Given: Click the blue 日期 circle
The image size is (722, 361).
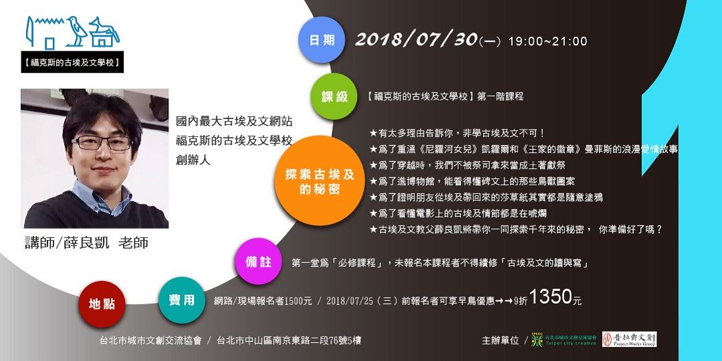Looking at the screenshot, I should (322, 40).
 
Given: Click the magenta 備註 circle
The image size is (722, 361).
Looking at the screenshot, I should (259, 261).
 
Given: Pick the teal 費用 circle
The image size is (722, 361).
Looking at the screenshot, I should (181, 300).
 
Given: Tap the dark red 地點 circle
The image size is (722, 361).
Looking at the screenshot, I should (102, 304).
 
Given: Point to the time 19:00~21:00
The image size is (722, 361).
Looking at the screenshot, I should (548, 41).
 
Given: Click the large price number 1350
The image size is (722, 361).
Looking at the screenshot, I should (551, 297).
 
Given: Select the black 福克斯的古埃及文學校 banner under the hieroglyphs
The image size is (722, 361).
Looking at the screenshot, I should (71, 63).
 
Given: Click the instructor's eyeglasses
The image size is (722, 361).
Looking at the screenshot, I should (102, 142).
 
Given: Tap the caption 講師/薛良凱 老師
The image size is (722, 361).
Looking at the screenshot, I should (86, 243).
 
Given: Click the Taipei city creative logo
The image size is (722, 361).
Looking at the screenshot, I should (564, 340).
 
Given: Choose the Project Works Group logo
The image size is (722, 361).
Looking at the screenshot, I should (629, 340).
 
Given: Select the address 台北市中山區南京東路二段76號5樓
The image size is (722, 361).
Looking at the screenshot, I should (289, 340).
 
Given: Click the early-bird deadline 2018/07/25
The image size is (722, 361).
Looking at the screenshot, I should (355, 301).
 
